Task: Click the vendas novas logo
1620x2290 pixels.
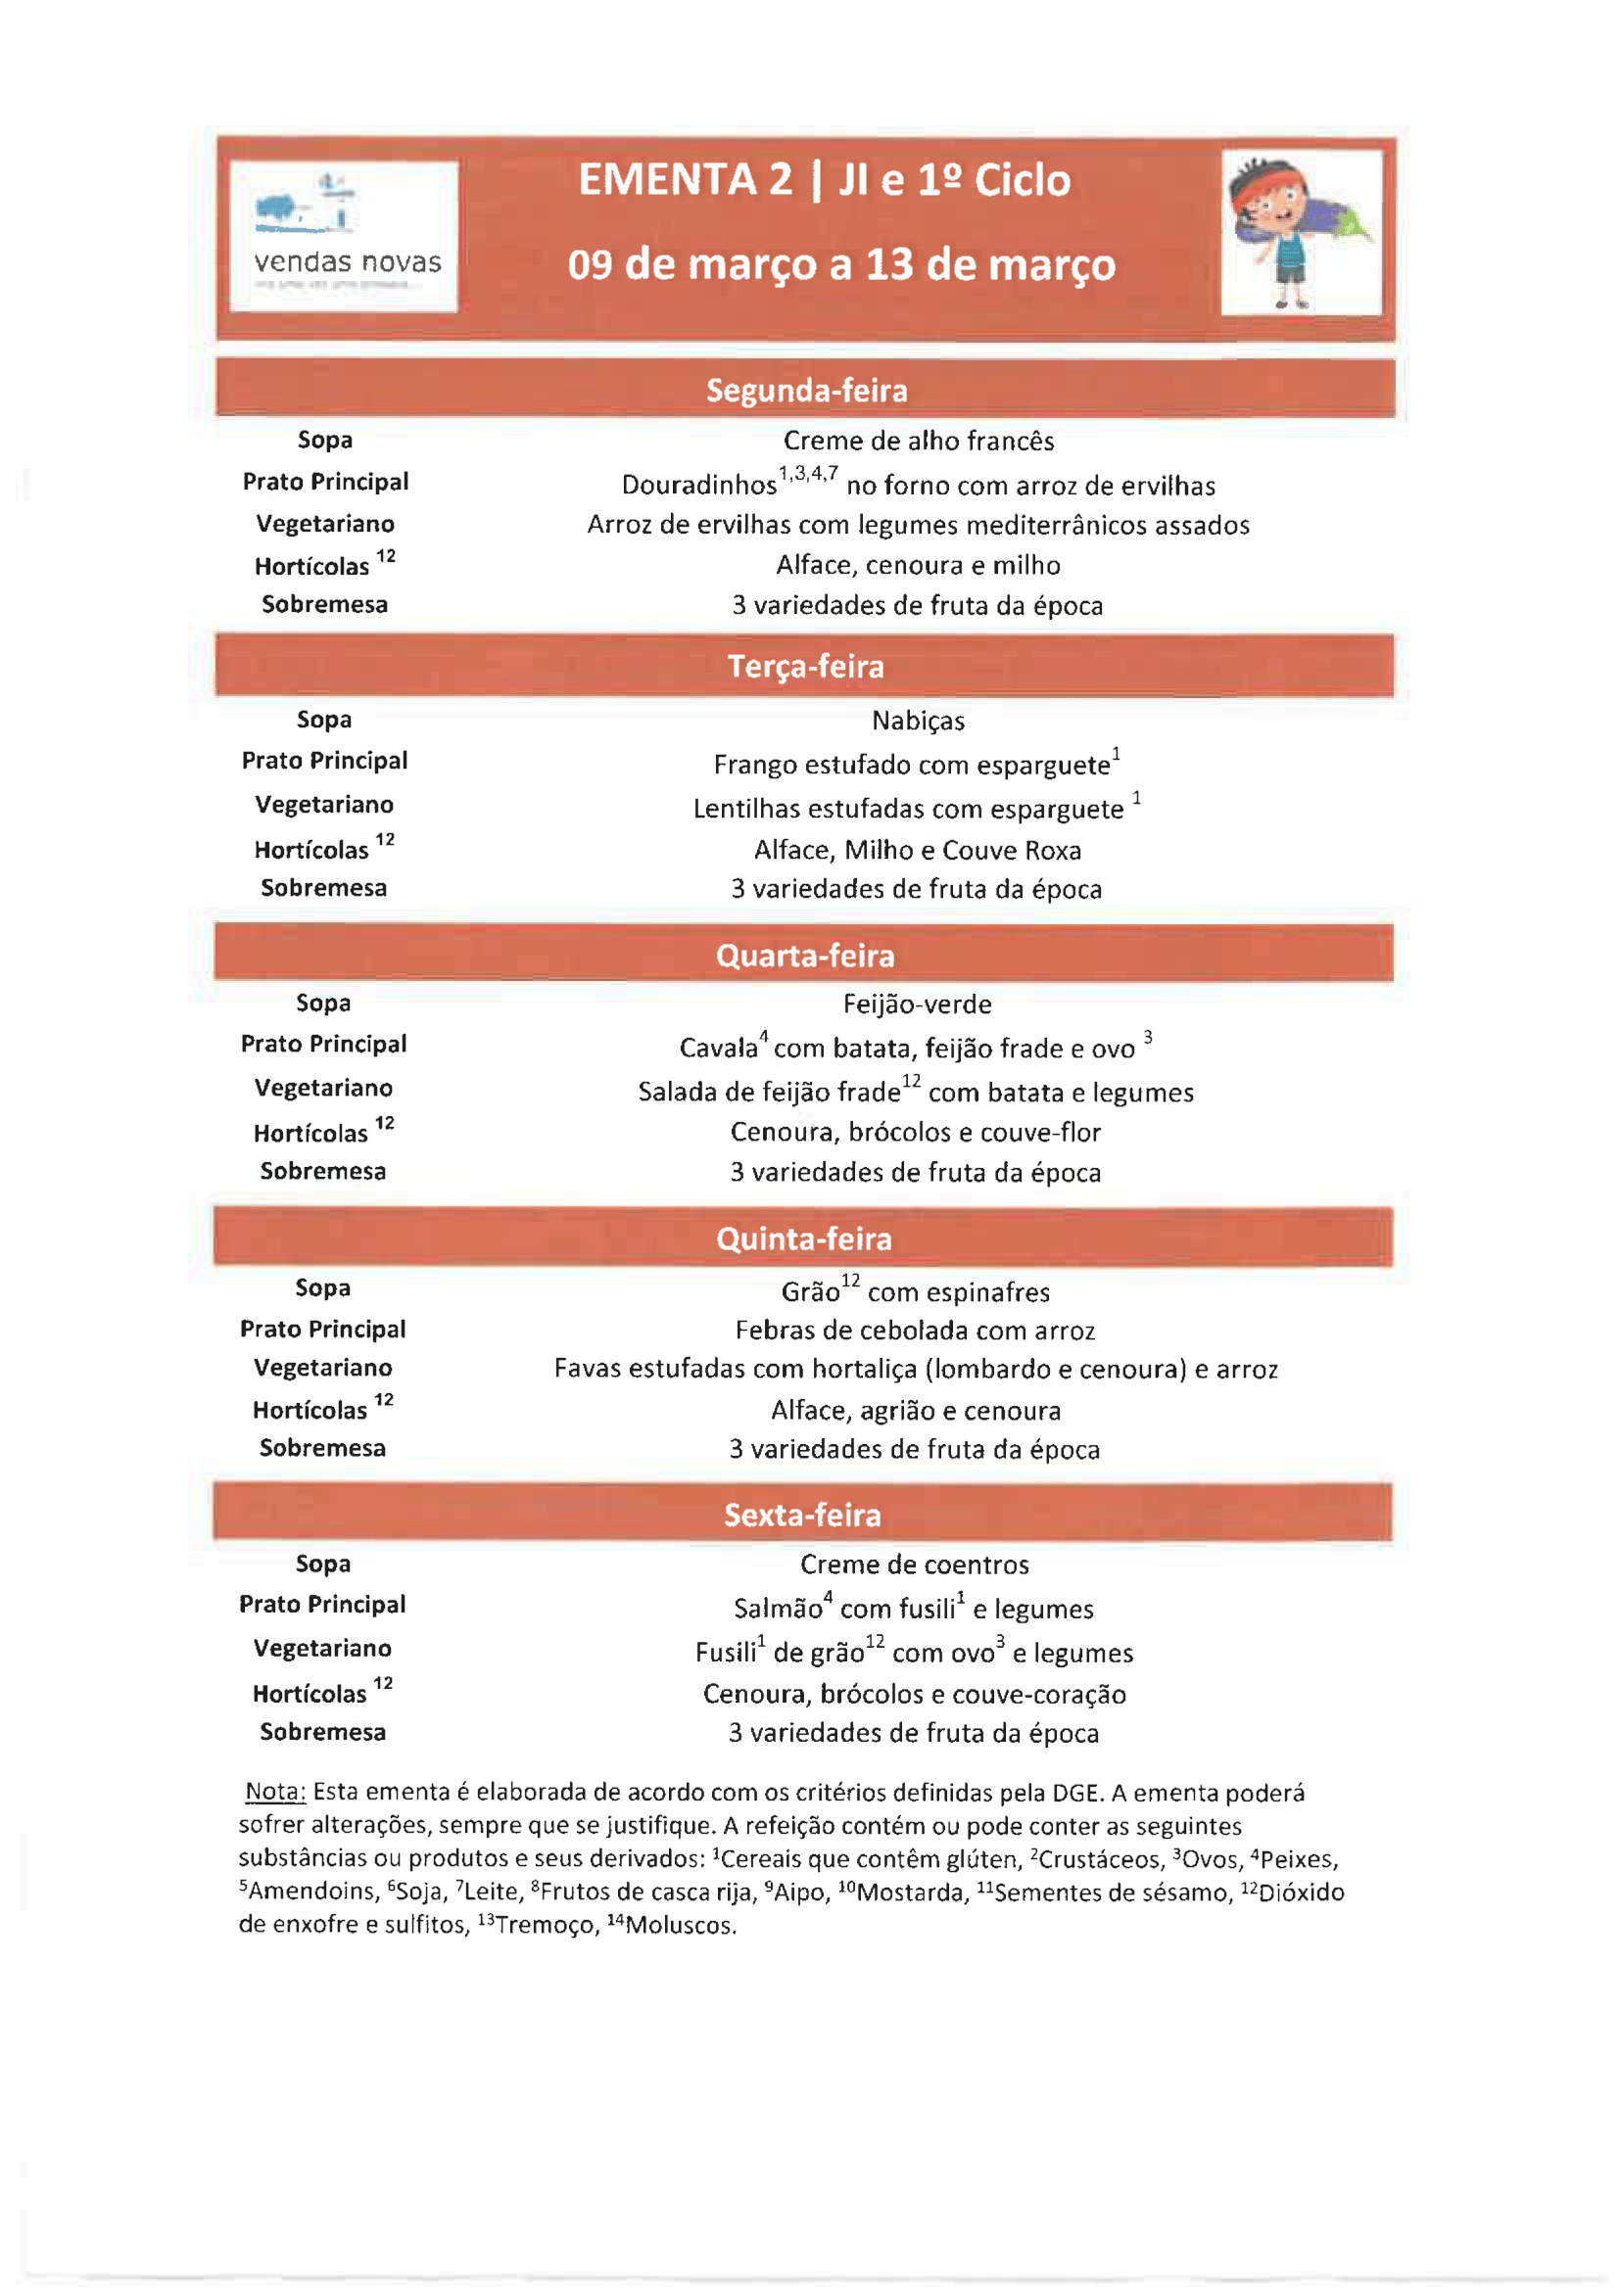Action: tap(344, 236)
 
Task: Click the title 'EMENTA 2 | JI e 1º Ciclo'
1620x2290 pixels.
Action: tap(824, 180)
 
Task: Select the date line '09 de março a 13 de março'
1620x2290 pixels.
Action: tap(841, 265)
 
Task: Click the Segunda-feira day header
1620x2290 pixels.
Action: tap(806, 390)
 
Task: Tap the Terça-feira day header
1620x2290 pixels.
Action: tap(805, 667)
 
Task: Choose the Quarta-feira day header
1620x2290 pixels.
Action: tap(805, 956)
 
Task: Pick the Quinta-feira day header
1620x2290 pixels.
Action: tap(804, 1238)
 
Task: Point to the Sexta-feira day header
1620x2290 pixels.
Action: tap(803, 1515)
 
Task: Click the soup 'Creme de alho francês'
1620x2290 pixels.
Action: tap(918, 441)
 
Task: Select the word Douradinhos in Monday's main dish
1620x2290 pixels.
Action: tap(698, 486)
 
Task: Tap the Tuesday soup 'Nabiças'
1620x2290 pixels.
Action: tap(918, 721)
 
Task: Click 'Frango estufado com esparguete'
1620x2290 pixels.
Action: tap(911, 765)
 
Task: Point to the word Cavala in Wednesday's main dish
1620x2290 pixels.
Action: tap(718, 1049)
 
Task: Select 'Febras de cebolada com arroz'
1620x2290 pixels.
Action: tap(915, 1331)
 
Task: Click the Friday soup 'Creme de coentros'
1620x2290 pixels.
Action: tap(914, 1564)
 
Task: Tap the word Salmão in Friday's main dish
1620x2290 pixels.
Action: tap(778, 1609)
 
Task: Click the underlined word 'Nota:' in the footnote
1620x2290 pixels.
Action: tap(275, 1793)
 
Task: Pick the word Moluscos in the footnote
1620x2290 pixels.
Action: tap(680, 1925)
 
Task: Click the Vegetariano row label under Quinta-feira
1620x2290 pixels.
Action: tap(323, 1368)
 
